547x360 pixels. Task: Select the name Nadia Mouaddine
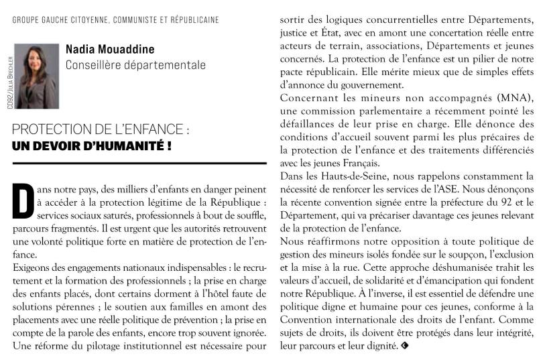click(110, 50)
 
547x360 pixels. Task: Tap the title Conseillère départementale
click(135, 65)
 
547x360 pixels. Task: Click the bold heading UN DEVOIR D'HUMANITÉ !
click(92, 145)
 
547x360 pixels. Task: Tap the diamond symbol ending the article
click(404, 346)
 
